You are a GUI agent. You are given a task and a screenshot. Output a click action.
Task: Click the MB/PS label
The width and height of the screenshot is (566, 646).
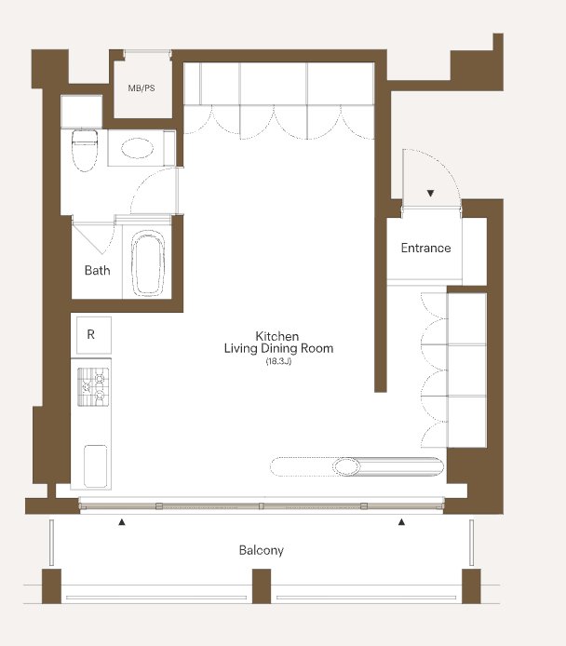(x=141, y=88)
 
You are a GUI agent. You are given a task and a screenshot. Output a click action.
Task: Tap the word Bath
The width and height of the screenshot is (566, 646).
(x=97, y=270)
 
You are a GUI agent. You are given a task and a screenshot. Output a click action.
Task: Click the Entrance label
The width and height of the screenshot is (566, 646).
(x=425, y=248)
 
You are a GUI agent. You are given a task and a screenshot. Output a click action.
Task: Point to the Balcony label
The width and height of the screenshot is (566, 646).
(x=262, y=550)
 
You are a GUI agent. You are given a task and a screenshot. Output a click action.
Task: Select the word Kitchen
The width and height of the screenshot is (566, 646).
(x=277, y=336)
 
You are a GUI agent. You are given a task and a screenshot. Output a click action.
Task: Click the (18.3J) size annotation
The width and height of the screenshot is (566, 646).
(x=278, y=362)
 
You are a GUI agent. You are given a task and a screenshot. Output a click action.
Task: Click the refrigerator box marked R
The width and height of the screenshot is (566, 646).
(x=94, y=335)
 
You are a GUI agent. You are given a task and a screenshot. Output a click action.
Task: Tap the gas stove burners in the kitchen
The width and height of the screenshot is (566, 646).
(x=93, y=386)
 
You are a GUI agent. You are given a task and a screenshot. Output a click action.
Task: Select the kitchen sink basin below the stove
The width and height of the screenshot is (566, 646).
(x=95, y=466)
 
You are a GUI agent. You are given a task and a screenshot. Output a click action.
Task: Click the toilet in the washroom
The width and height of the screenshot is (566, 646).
(x=85, y=150)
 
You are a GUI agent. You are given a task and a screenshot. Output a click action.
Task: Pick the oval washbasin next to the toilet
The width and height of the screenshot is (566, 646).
(x=137, y=148)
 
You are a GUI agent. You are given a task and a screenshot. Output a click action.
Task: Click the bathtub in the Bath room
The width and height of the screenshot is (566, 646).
(x=148, y=262)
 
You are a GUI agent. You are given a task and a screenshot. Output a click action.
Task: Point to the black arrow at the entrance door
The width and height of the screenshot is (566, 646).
(x=430, y=193)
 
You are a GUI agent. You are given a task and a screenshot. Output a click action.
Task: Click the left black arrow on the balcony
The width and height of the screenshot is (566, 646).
(x=122, y=522)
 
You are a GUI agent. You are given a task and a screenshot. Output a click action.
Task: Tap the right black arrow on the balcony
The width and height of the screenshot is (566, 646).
(x=401, y=522)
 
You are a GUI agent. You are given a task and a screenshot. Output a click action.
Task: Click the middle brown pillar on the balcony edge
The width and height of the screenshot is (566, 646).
(x=262, y=586)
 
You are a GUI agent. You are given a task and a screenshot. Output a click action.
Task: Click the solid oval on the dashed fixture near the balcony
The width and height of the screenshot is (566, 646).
(x=346, y=466)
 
